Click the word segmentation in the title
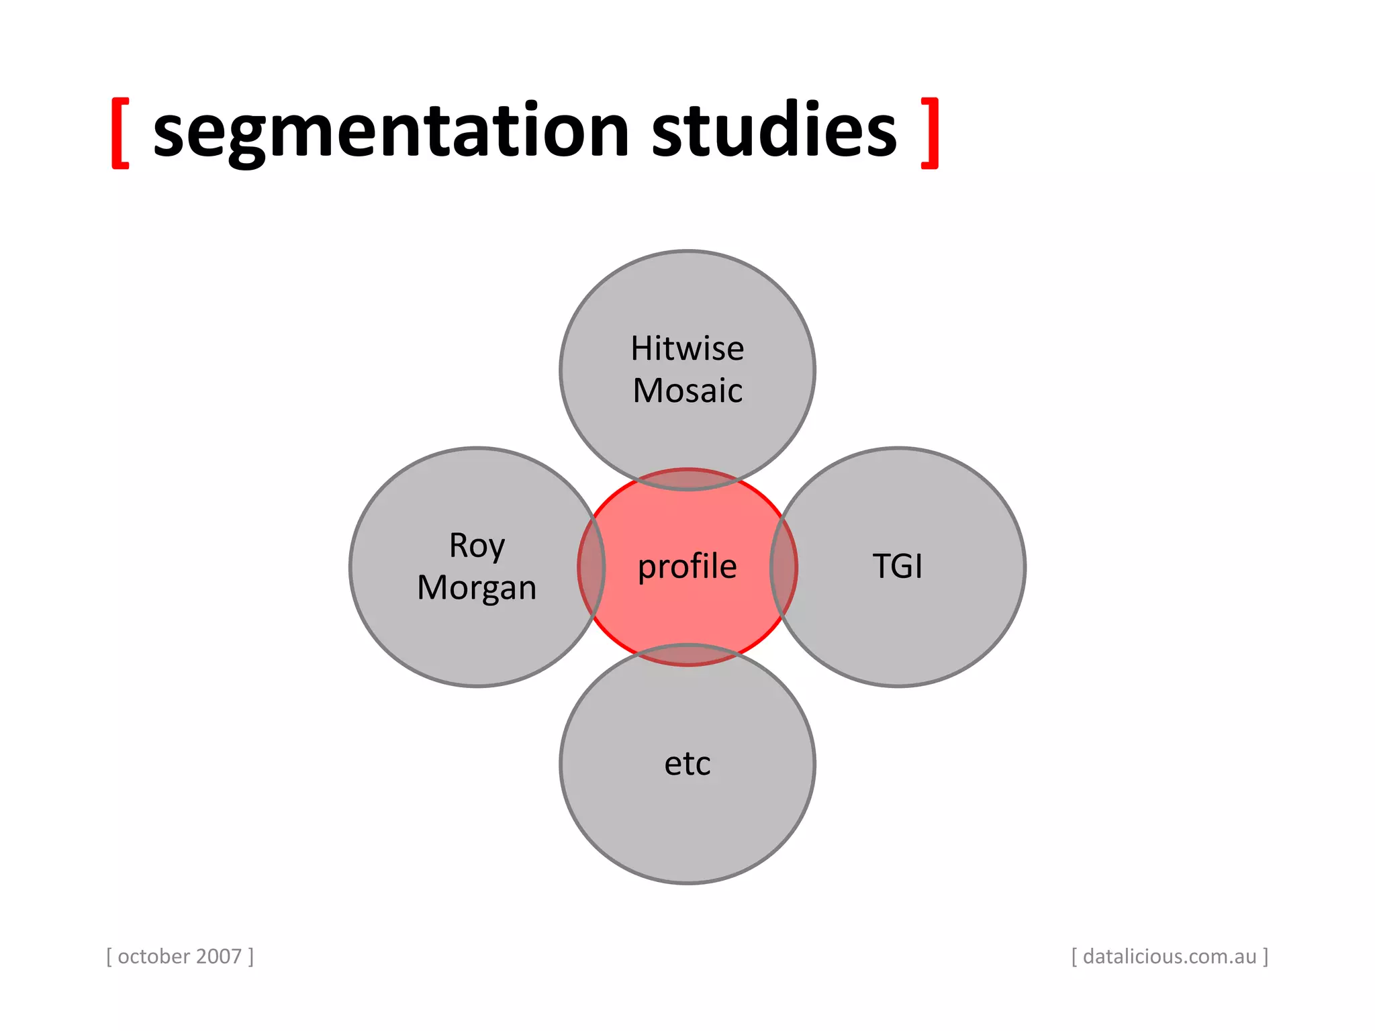click(x=391, y=131)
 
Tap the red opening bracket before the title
click(x=120, y=132)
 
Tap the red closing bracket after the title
click(x=930, y=132)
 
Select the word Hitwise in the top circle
click(x=687, y=348)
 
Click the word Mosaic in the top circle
click(x=687, y=391)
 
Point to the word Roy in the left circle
click(x=477, y=546)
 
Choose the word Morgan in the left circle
click(x=477, y=588)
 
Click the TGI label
click(x=897, y=566)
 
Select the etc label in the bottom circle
click(x=687, y=763)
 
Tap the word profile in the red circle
click(x=687, y=566)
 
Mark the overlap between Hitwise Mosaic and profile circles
click(x=687, y=479)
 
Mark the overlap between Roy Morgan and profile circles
click(x=591, y=567)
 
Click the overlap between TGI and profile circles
click(x=784, y=567)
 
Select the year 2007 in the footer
click(x=220, y=956)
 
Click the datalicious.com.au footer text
click(x=1169, y=956)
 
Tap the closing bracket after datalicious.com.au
click(x=1266, y=956)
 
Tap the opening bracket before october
click(x=109, y=956)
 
